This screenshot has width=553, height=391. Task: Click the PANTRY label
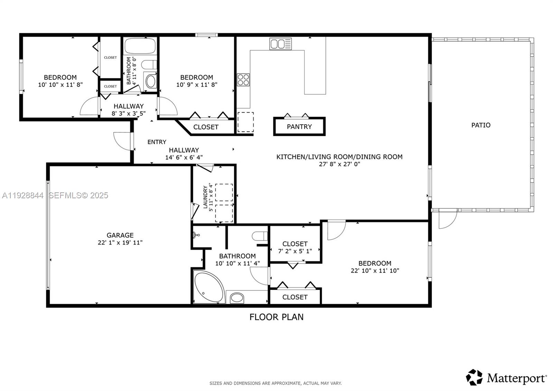(x=299, y=127)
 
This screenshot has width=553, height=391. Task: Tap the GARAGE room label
(x=120, y=235)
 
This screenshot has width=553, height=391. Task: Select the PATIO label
(x=481, y=125)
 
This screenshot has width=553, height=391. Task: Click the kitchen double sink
(x=281, y=44)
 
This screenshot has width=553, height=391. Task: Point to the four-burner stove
(x=243, y=80)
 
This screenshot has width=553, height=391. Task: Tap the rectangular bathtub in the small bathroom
(x=140, y=46)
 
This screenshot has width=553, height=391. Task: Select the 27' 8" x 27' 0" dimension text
(x=339, y=164)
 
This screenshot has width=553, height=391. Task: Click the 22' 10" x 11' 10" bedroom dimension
(x=375, y=271)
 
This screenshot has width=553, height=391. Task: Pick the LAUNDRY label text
(x=205, y=197)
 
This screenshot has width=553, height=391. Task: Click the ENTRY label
(x=157, y=142)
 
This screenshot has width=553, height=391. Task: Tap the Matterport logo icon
(x=474, y=377)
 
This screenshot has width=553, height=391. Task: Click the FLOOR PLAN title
(x=276, y=317)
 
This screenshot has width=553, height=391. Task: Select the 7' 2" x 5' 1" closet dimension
(x=295, y=251)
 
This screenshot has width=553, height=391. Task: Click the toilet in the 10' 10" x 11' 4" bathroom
(x=260, y=236)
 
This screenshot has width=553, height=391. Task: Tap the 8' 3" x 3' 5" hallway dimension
(x=129, y=113)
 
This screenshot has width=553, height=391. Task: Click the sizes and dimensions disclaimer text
(x=275, y=383)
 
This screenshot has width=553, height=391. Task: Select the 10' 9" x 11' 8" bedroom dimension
(x=197, y=84)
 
